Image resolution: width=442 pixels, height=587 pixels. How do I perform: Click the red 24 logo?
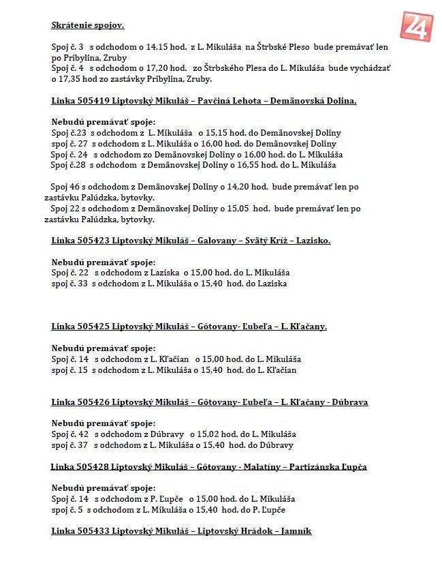[x=417, y=27]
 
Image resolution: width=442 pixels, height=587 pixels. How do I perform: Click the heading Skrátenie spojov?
[x=87, y=26]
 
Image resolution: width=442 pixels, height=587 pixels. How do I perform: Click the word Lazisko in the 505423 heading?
[x=294, y=241]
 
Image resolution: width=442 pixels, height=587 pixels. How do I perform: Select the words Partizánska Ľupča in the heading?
[x=328, y=467]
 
